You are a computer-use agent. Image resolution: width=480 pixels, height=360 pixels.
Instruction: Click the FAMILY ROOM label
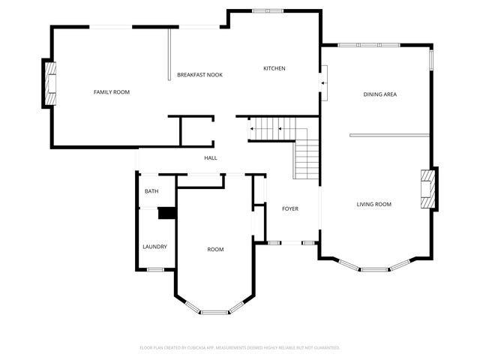coord(112,92)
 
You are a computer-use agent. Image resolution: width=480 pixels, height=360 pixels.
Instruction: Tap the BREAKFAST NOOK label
coord(199,75)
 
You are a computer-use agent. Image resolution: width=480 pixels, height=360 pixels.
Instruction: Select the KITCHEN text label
coord(274,69)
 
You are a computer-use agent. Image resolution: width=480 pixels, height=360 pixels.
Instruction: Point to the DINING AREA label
coord(379,94)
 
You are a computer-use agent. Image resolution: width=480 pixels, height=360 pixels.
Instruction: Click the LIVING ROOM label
coord(373,204)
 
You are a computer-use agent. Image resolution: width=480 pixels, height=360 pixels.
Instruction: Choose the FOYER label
coord(290,208)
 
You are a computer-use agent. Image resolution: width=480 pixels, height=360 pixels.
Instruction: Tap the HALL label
coord(211,158)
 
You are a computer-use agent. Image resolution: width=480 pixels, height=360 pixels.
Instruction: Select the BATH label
coord(151,192)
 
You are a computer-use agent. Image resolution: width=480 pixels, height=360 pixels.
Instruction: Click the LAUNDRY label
coord(154,247)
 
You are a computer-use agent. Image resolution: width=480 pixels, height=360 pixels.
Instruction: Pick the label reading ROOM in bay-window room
coord(215,250)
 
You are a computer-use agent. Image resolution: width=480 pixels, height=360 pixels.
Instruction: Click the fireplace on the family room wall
coord(50,84)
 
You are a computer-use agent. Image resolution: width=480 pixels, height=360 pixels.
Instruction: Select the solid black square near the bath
coord(166,214)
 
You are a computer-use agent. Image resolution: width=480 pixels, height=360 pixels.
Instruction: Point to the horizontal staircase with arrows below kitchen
coord(272,129)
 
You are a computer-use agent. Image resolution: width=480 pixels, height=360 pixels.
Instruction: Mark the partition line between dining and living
coord(389,136)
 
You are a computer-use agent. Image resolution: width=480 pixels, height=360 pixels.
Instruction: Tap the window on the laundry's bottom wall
coord(155,269)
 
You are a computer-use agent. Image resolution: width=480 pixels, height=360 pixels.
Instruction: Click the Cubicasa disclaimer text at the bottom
coord(240,348)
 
